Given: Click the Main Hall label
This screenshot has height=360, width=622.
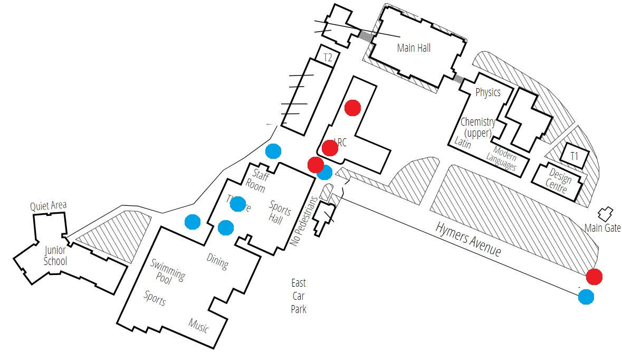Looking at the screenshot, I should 414,48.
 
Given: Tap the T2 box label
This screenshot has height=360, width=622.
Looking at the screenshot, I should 328,58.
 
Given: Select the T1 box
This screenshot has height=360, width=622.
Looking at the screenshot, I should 574,156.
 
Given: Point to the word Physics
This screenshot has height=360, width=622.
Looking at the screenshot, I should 487,93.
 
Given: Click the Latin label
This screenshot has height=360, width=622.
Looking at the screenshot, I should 463,143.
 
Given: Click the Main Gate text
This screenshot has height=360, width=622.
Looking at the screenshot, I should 602,228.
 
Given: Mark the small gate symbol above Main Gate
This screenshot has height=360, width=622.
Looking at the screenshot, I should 605,214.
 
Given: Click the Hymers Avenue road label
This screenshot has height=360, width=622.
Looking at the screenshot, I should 468,239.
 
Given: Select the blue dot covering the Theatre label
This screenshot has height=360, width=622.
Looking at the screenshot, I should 238,204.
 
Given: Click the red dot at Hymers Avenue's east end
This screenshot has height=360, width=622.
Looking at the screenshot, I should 594,276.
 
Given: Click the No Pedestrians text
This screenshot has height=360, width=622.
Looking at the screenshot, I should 304,222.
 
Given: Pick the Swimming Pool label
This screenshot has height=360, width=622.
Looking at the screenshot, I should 167,271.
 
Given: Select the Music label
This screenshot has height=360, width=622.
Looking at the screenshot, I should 198,325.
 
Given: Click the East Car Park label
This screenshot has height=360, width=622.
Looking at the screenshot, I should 299,296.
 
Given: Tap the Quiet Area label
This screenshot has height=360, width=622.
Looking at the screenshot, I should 49,205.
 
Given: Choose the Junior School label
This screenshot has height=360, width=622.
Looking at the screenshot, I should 55,255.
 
